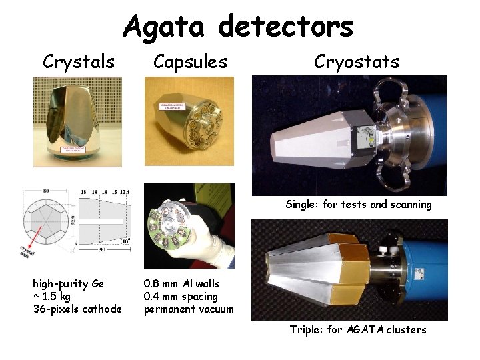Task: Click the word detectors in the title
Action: click(x=285, y=27)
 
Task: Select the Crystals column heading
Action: click(x=79, y=62)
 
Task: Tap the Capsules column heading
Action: click(x=190, y=62)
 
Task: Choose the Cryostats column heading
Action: click(x=357, y=62)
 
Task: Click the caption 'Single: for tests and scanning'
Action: click(x=359, y=205)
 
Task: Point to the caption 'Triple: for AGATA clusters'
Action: click(x=358, y=329)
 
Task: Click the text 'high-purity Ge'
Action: click(x=68, y=284)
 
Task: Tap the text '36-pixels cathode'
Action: click(x=77, y=309)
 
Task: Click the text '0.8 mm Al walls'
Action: click(x=181, y=284)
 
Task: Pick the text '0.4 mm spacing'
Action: click(x=181, y=296)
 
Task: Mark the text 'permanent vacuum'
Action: click(x=189, y=309)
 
